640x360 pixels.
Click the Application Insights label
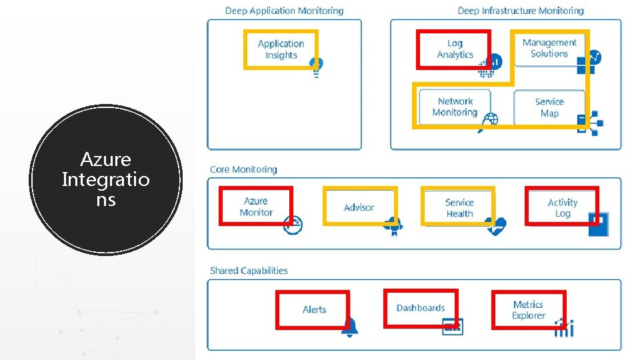281,49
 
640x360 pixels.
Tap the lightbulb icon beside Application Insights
316,66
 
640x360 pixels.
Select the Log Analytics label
455,49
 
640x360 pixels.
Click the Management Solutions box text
549,48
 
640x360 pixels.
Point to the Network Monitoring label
455,107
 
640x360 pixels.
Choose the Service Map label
549,107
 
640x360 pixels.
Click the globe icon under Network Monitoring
490,121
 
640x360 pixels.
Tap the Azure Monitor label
256,207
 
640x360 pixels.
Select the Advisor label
359,207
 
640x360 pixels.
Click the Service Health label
459,208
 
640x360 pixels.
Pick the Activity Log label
563,208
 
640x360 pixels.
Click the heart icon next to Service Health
496,227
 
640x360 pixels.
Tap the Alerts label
314,309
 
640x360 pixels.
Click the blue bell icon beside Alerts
349,327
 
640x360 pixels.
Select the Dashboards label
421,308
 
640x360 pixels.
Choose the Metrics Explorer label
529,310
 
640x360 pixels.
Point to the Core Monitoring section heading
243,169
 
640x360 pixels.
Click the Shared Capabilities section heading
249,271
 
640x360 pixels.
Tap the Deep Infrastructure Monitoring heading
520,11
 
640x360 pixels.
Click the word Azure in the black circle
105,160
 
